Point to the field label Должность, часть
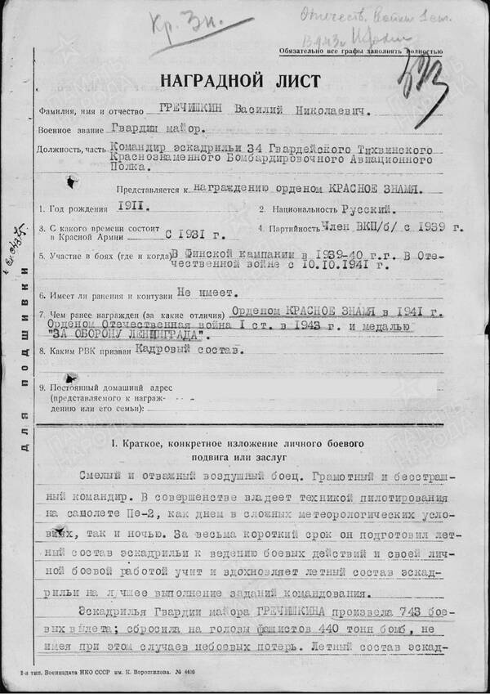(x=69, y=149)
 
